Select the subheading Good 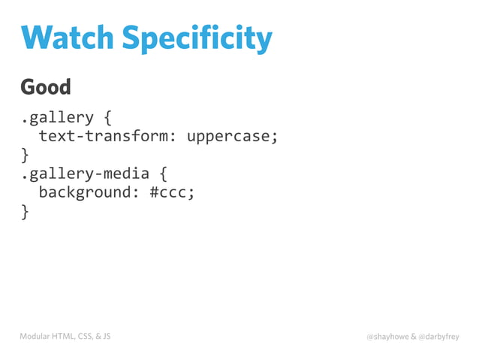coord(46,87)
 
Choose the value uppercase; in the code coord(233,137)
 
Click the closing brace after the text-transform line coord(25,156)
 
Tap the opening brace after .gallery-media coord(164,174)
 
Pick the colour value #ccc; coord(172,193)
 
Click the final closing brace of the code coord(25,212)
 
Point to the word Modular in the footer coord(36,336)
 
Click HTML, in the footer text coord(68,336)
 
